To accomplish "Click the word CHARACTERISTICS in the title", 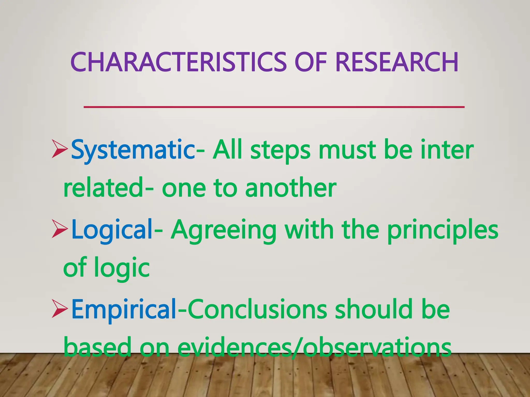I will [178, 62].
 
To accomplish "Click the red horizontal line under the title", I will [274, 107].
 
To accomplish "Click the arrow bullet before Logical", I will [60, 229].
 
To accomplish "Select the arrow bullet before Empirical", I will [60, 309].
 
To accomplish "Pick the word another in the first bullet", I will [290, 188].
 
